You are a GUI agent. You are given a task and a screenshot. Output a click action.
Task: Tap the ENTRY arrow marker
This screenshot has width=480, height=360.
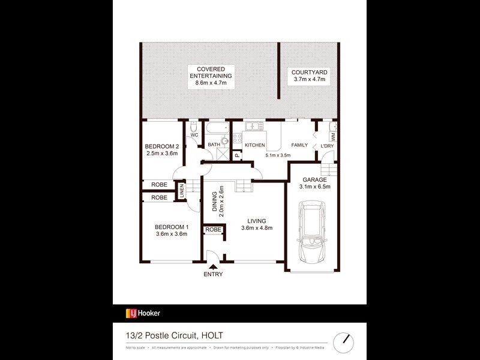[x=213, y=267]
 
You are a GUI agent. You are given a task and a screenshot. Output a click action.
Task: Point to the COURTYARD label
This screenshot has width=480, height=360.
[x=308, y=72]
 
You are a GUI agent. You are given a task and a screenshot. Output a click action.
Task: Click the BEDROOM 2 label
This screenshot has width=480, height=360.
[x=162, y=146]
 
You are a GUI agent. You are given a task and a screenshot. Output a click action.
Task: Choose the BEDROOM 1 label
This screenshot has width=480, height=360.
[x=172, y=226]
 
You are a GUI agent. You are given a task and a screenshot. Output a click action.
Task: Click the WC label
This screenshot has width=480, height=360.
[x=194, y=135]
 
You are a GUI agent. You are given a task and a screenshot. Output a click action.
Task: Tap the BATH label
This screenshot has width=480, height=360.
[x=214, y=145]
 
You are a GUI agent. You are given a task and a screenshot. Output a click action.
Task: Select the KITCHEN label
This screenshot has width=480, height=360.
[x=255, y=145]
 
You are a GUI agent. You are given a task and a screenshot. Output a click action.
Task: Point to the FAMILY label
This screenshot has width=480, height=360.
[x=299, y=145]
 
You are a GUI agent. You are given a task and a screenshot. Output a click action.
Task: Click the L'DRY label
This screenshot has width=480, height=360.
[x=327, y=146]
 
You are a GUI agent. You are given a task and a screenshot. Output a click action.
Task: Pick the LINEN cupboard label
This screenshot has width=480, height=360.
[x=182, y=193]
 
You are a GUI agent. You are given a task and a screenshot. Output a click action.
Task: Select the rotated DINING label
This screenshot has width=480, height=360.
[x=214, y=200]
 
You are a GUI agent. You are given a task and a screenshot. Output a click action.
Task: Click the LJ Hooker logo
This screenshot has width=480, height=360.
[x=143, y=313]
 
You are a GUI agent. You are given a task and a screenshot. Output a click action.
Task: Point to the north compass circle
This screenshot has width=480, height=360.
[x=344, y=338]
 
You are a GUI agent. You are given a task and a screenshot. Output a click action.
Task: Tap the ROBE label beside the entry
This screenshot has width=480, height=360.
[x=213, y=230]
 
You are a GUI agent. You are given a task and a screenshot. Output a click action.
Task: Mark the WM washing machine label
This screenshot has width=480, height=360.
[x=333, y=136]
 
